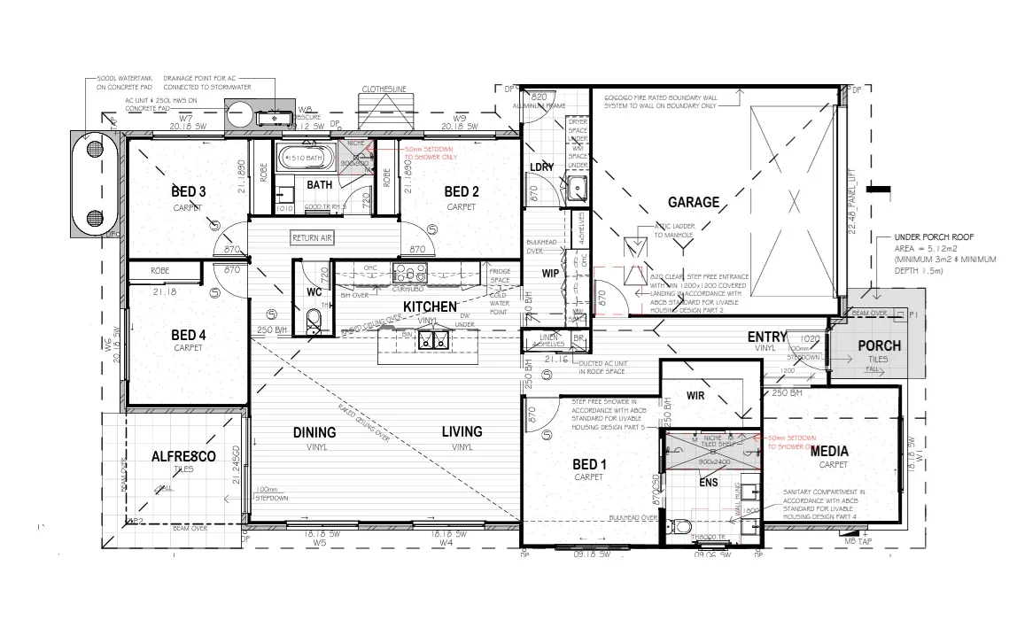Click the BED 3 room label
(x=189, y=192)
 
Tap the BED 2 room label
(x=462, y=192)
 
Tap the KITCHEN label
(x=430, y=306)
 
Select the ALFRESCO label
(x=183, y=456)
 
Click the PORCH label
(x=879, y=345)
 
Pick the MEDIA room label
(x=828, y=451)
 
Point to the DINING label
(x=314, y=432)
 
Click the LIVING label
(x=462, y=432)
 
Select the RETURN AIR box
(x=313, y=238)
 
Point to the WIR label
(x=695, y=395)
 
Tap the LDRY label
(x=541, y=167)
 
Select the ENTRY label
(x=766, y=337)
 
